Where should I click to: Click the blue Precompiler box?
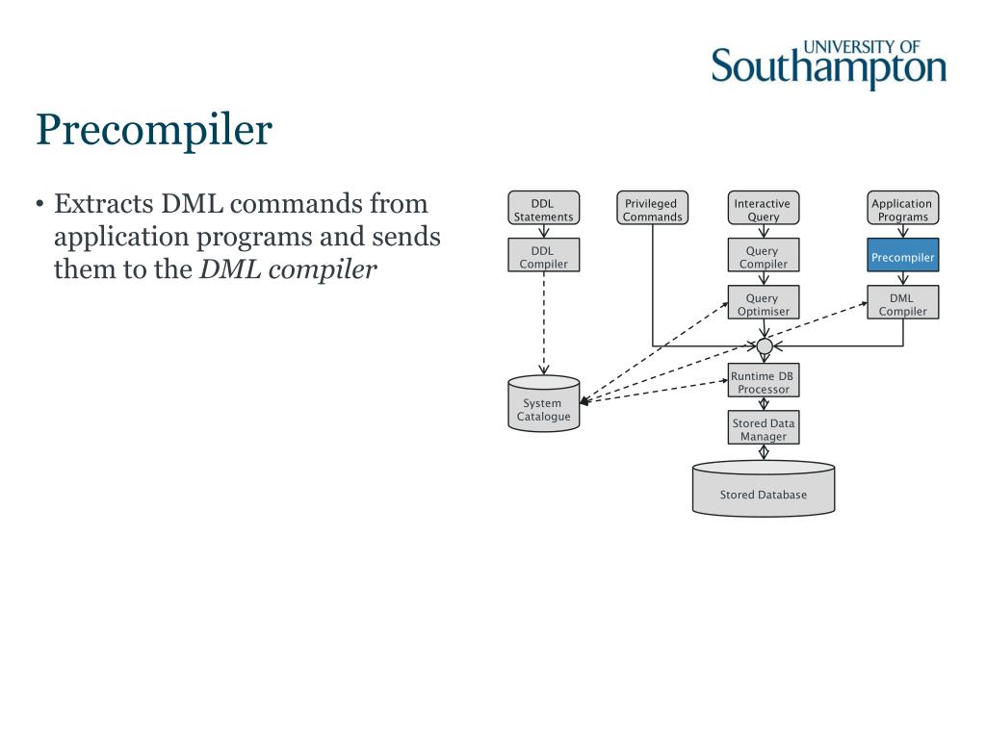click(x=902, y=258)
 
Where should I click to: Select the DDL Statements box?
click(x=543, y=210)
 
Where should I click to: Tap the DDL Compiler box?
click(x=543, y=257)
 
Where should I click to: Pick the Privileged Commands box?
click(x=652, y=210)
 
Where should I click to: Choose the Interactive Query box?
click(x=763, y=210)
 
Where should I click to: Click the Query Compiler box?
click(x=763, y=257)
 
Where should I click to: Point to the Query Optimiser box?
click(x=763, y=304)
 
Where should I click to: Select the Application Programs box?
click(x=902, y=210)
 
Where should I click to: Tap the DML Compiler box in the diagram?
click(x=902, y=304)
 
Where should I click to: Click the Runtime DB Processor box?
click(x=763, y=382)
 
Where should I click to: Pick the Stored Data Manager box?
click(x=763, y=429)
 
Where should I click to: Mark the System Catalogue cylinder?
click(x=543, y=405)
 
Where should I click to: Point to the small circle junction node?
click(x=764, y=346)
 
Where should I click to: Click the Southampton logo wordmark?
click(x=828, y=69)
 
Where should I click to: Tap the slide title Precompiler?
click(x=154, y=130)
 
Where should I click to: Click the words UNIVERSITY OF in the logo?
click(x=861, y=46)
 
